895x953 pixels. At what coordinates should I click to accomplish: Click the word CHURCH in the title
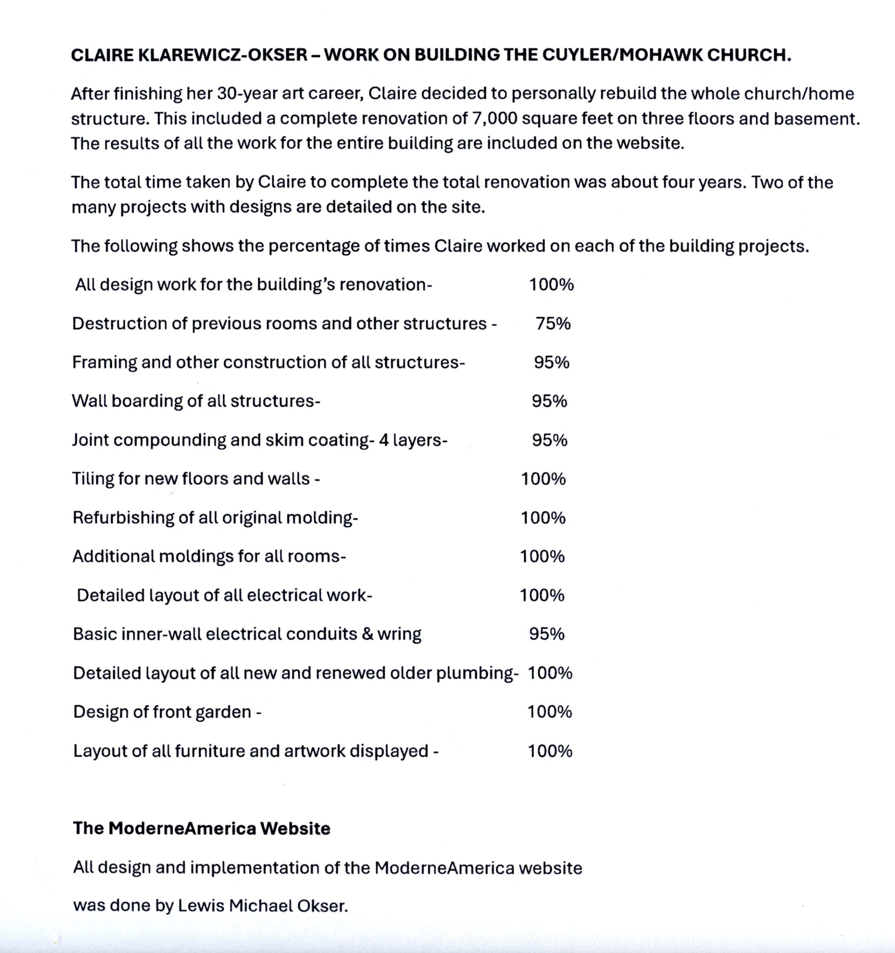[749, 55]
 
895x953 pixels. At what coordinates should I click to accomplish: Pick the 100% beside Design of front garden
[550, 711]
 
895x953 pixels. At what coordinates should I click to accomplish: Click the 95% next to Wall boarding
[549, 401]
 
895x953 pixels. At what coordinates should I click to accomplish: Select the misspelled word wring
[399, 634]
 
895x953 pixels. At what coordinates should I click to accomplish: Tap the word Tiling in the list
[93, 479]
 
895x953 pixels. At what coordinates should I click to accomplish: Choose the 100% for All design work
[551, 285]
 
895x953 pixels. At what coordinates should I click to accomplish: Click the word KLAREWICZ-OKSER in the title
[223, 55]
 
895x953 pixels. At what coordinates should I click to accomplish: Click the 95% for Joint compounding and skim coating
[550, 440]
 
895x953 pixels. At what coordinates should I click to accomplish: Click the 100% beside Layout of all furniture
[550, 751]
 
